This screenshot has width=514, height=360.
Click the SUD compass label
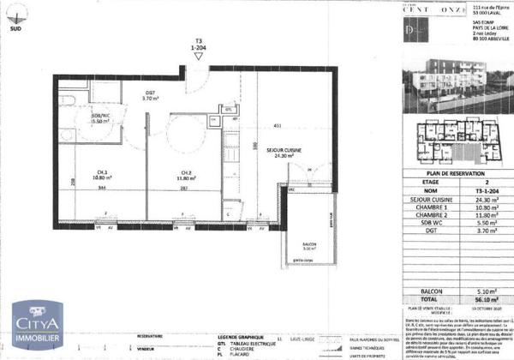(x=15, y=28)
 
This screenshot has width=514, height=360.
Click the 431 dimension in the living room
(x=277, y=127)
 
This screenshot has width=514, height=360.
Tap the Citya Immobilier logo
(x=35, y=326)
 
